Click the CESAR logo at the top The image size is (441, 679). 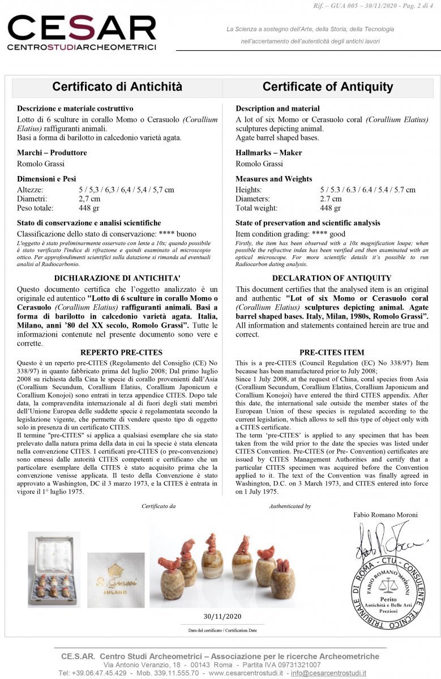click(82, 33)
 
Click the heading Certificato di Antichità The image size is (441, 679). click(117, 87)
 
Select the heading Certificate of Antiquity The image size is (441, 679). click(327, 87)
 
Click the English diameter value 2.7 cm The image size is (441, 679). click(331, 199)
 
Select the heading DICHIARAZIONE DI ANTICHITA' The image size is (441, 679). click(117, 278)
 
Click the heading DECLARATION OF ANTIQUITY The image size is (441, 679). click(331, 278)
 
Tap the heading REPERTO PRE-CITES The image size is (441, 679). click(117, 353)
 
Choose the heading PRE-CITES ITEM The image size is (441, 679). click(331, 353)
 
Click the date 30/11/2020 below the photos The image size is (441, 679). click(222, 616)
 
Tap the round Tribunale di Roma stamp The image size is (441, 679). click(388, 592)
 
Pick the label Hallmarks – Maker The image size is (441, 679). click(268, 153)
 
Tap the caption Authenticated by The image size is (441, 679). click(290, 506)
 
